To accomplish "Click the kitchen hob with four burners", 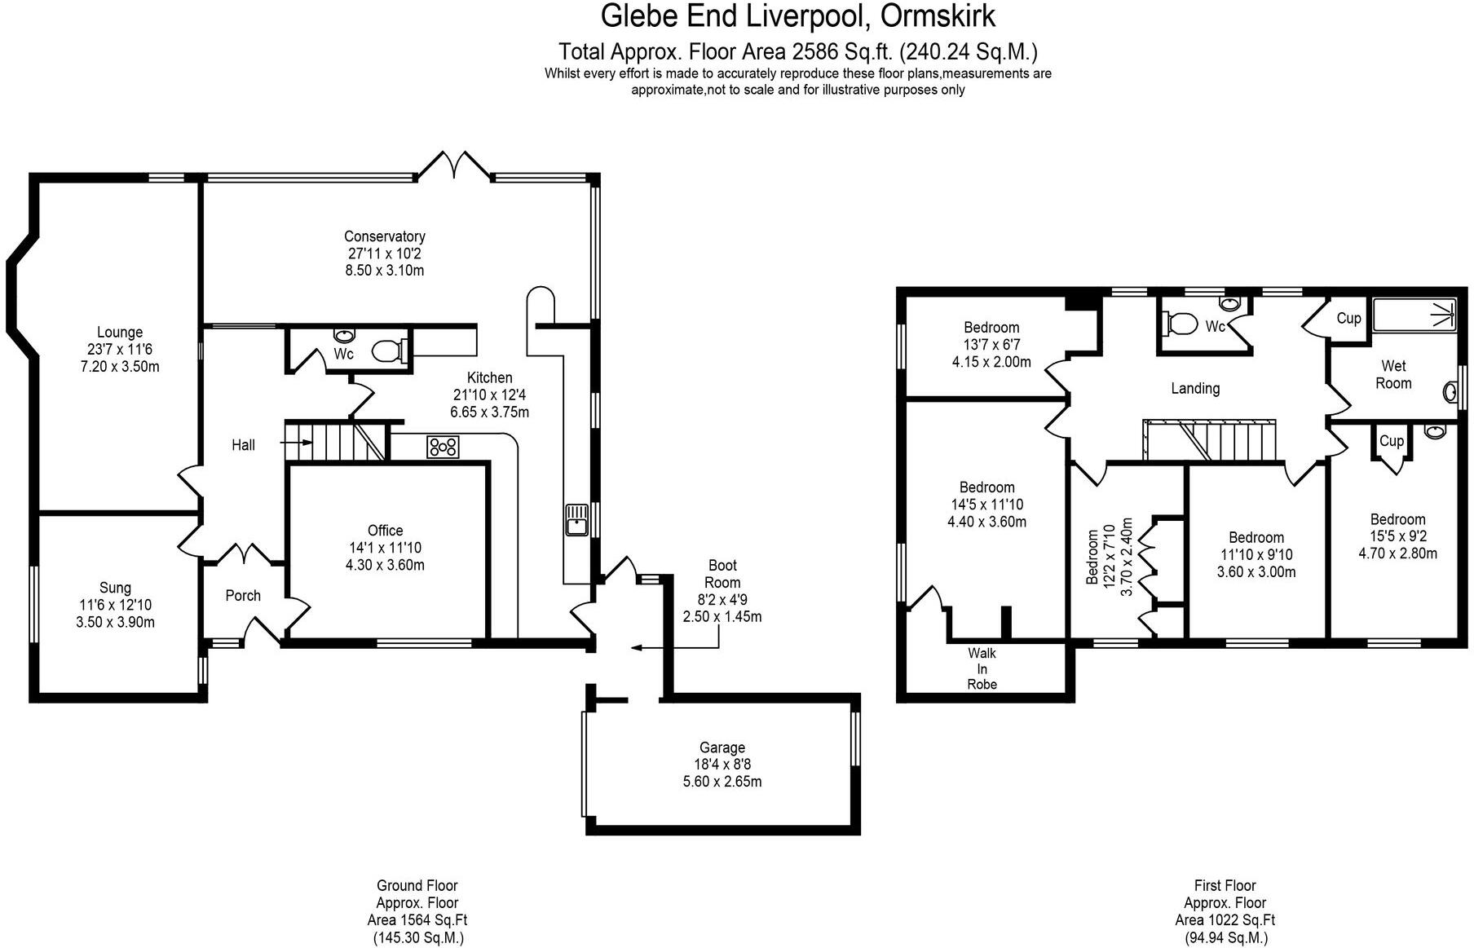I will click(443, 447).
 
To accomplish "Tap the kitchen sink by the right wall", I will click(577, 520).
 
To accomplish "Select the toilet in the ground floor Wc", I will click(388, 351).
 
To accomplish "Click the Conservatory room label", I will click(385, 236).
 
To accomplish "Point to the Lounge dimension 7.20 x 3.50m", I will click(120, 367).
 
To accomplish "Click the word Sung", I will click(115, 588).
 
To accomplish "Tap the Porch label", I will click(243, 596).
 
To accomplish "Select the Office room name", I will click(385, 531).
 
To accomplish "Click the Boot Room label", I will click(722, 574).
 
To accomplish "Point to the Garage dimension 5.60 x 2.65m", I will click(722, 782).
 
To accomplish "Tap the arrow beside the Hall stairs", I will click(297, 443).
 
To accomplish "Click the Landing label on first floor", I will click(1195, 388).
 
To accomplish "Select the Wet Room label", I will click(1393, 374).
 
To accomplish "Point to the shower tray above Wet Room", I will click(1415, 315).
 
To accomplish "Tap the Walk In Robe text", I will click(982, 668).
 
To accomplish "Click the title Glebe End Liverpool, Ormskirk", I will click(797, 16).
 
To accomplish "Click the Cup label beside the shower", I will click(1348, 318).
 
